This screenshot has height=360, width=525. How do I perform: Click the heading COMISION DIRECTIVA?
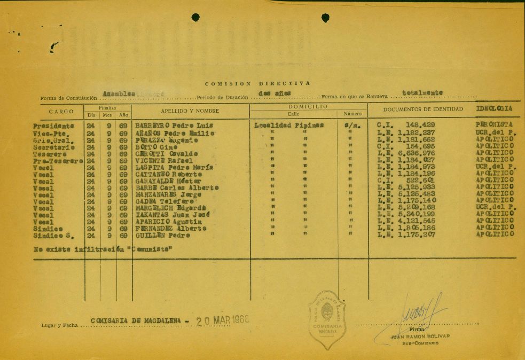coord(257,84)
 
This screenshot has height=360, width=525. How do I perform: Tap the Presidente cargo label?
coord(53,126)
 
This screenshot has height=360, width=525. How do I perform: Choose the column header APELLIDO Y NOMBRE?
coord(191,111)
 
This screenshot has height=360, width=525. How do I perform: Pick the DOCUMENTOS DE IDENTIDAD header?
coord(423,109)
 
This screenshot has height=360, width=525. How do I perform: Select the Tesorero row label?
coord(50,153)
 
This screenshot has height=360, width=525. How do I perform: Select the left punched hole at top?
coord(195,17)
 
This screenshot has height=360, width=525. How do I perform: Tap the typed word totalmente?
coord(422,92)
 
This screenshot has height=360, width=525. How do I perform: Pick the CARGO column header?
coord(61,112)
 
